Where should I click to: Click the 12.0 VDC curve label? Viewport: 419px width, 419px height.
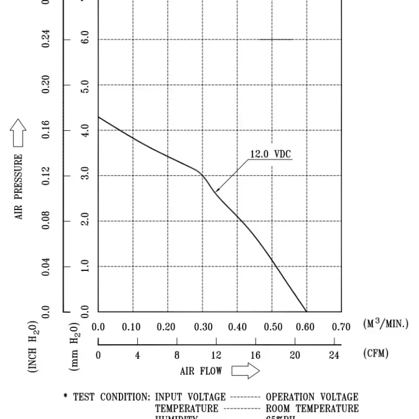click(x=270, y=155)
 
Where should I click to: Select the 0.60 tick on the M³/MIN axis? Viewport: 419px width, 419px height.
click(x=305, y=327)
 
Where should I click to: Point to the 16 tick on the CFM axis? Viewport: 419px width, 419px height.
click(x=255, y=355)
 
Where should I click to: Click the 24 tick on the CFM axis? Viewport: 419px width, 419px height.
click(x=334, y=355)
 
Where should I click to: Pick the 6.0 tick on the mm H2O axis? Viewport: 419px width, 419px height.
click(x=85, y=39)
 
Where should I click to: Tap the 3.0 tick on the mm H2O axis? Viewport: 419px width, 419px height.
click(x=85, y=175)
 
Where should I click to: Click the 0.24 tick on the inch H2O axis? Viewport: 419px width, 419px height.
click(x=46, y=39)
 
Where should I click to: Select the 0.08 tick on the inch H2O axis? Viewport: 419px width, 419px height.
click(x=46, y=221)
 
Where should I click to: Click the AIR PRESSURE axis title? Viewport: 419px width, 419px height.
click(x=19, y=186)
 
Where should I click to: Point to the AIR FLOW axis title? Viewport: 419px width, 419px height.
click(x=201, y=371)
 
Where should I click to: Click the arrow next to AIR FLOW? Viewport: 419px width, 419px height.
click(x=246, y=371)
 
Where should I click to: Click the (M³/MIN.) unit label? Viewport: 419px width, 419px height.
click(x=385, y=324)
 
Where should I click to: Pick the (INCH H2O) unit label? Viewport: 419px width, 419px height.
click(x=32, y=346)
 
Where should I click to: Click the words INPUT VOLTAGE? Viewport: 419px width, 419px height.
click(x=190, y=398)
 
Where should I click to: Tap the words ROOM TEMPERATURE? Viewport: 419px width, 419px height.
click(x=312, y=409)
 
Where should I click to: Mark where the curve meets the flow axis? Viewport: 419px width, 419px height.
click(x=306, y=312)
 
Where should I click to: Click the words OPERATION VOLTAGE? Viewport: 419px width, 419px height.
click(x=312, y=398)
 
